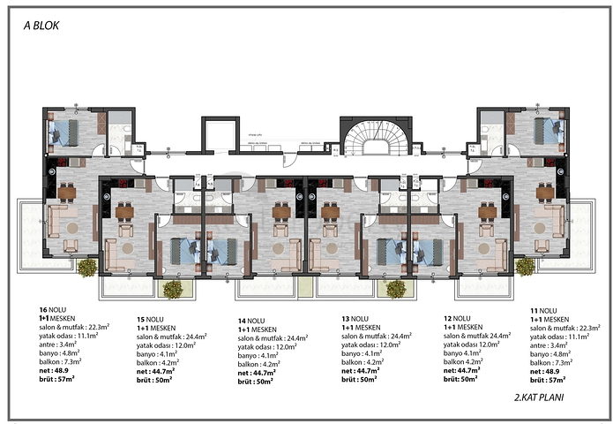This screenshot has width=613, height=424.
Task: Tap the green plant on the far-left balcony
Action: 86,266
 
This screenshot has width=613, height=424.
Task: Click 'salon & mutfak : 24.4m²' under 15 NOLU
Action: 171,337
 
